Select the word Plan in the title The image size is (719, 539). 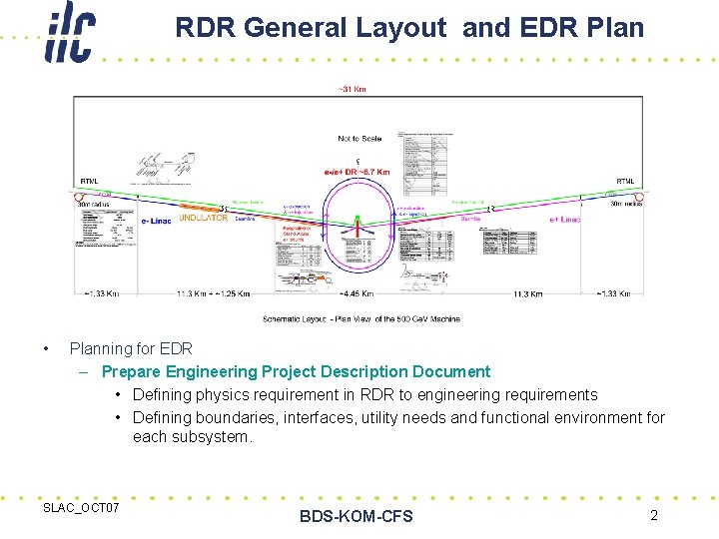[615, 28]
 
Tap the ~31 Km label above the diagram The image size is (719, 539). [353, 90]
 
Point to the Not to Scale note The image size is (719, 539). [359, 139]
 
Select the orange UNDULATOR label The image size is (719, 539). [205, 219]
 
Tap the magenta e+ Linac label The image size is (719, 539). [565, 220]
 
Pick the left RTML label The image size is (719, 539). [89, 182]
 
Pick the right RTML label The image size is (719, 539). [625, 182]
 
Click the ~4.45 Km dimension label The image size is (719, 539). [357, 294]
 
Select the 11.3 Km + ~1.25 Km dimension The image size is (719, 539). [214, 294]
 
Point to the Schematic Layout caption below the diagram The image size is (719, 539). [360, 318]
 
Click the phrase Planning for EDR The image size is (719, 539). [131, 348]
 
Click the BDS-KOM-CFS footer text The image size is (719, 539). [356, 516]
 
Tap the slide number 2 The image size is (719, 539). [653, 515]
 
